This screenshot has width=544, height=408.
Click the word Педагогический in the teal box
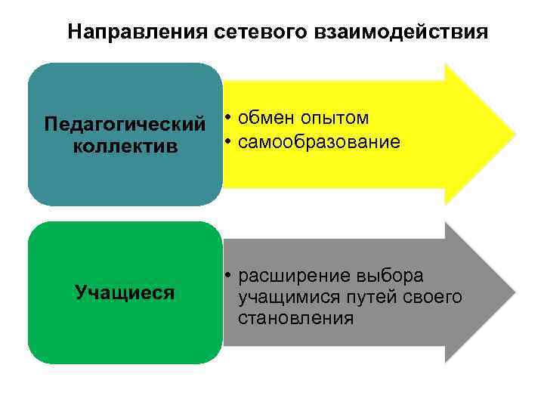pyautogui.click(x=125, y=123)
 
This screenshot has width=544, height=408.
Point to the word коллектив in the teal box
pyautogui.click(x=125, y=146)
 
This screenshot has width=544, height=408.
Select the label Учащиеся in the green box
pyautogui.click(x=125, y=292)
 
